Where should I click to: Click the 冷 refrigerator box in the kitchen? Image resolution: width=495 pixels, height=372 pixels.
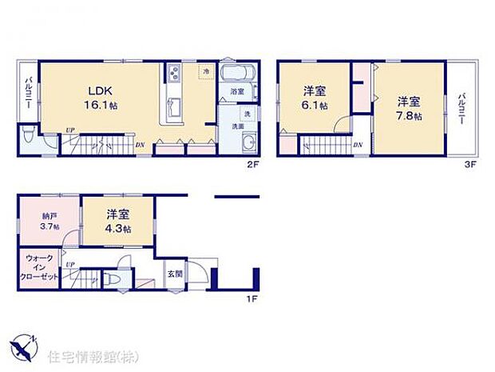click(205, 71)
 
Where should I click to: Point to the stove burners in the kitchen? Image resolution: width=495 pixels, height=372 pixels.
click(174, 74)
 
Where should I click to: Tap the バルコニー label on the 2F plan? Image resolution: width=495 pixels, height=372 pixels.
click(26, 93)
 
